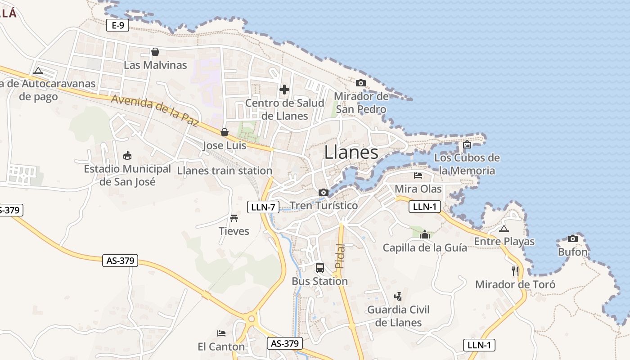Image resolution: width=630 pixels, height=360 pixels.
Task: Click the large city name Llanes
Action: [x=351, y=153]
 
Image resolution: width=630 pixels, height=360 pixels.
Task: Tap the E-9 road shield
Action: [x=118, y=25]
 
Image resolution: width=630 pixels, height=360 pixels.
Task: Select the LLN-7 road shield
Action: [x=263, y=207]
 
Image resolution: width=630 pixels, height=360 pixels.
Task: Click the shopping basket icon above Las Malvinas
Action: [x=155, y=52]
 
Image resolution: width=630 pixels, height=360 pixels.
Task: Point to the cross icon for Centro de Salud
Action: [x=284, y=90]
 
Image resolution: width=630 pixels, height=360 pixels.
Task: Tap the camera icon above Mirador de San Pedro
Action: [x=360, y=83]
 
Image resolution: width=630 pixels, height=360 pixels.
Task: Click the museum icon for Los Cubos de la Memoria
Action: [x=467, y=144]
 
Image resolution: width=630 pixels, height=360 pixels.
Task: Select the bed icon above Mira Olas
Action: [x=418, y=175]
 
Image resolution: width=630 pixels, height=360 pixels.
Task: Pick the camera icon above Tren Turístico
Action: [x=323, y=193]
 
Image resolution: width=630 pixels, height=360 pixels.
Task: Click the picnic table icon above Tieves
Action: [x=234, y=218]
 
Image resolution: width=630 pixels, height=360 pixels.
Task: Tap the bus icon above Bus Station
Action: [x=320, y=268]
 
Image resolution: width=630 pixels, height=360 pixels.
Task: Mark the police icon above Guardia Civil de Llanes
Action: [x=398, y=296]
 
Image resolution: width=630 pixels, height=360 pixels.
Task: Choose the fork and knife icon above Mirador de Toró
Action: [x=515, y=271]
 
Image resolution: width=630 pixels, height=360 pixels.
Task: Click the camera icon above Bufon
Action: [x=573, y=238]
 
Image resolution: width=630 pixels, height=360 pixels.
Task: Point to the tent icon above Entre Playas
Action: [x=504, y=229]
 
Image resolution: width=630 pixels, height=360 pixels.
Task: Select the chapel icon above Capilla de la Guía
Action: [x=424, y=234]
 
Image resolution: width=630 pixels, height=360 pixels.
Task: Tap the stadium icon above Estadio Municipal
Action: [x=127, y=156]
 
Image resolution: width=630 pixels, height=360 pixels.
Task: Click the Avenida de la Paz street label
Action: [x=155, y=111]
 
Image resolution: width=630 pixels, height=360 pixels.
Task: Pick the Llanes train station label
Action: [x=225, y=171]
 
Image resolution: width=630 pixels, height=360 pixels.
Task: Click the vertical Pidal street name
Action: [x=340, y=256]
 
